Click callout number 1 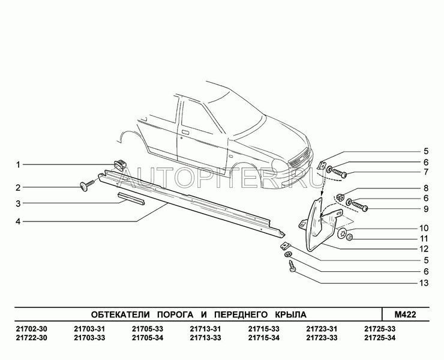(19, 164)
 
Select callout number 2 (19, 187)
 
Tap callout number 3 (19, 203)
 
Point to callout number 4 (19, 221)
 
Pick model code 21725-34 (379, 338)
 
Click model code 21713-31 (205, 328)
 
